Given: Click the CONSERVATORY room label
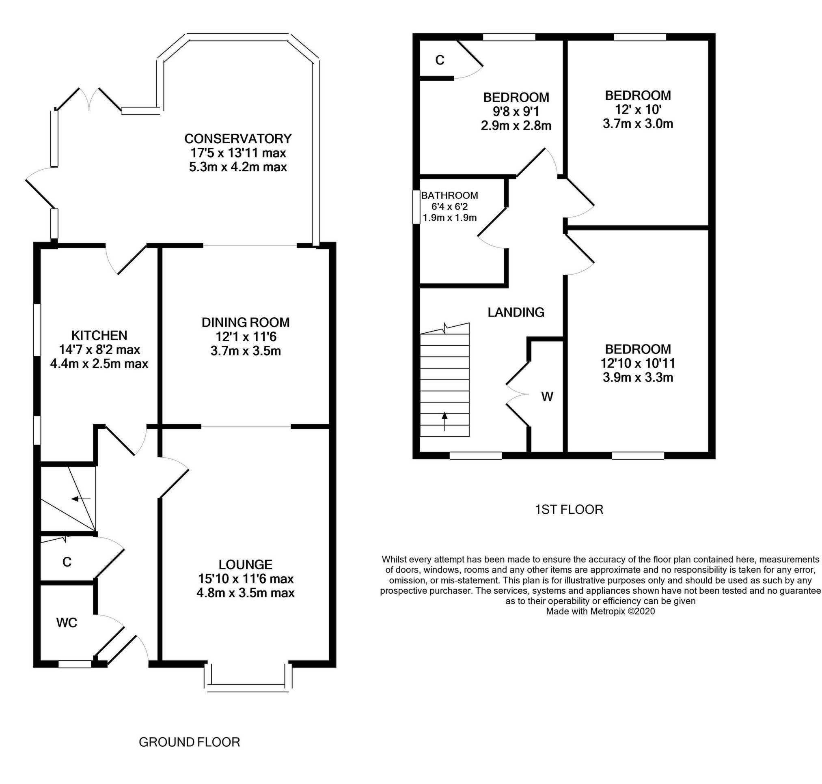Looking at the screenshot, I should [x=237, y=138].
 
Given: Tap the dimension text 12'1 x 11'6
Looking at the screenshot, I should [x=246, y=336].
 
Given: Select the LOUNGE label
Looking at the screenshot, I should [x=246, y=564].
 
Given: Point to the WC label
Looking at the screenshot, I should [x=67, y=622].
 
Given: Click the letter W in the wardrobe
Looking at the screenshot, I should [x=547, y=396].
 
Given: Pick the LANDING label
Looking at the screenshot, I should [x=516, y=312].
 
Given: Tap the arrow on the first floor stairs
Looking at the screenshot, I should [x=444, y=420].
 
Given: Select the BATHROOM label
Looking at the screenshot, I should [x=449, y=195].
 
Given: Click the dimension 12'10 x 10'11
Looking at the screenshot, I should [x=638, y=363].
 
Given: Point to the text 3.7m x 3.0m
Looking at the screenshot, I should [x=638, y=124].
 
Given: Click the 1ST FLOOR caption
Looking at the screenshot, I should [x=569, y=509].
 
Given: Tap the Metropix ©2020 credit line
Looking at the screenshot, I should [x=600, y=612].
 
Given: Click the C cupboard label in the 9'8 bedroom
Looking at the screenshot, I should [x=440, y=60].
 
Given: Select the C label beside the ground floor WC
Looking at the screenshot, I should [x=67, y=562].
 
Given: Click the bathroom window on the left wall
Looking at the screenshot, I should [x=416, y=207].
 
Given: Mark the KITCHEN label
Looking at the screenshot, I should [x=99, y=335].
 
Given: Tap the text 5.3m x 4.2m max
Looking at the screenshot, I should [x=237, y=167].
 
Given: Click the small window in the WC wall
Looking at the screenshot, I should [x=74, y=664].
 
